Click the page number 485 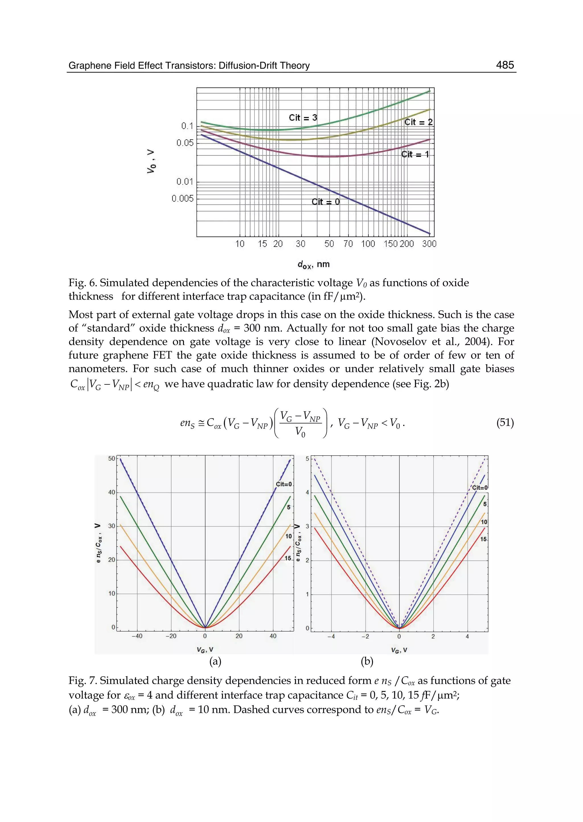point(505,65)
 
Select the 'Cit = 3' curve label point(303,118)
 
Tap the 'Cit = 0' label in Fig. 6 point(325,202)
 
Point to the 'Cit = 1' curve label point(415,154)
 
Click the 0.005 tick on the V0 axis point(182,198)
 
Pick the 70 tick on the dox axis point(348,244)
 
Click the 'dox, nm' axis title point(313,264)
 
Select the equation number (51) point(505,422)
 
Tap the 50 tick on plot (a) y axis point(112,459)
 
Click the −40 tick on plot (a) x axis point(136,636)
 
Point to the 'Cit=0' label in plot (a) point(284,484)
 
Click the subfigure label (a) point(215,661)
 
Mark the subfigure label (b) point(367,661)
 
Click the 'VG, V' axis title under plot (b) point(399,650)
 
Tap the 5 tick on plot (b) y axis point(307,459)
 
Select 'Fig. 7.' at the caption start point(83,681)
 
